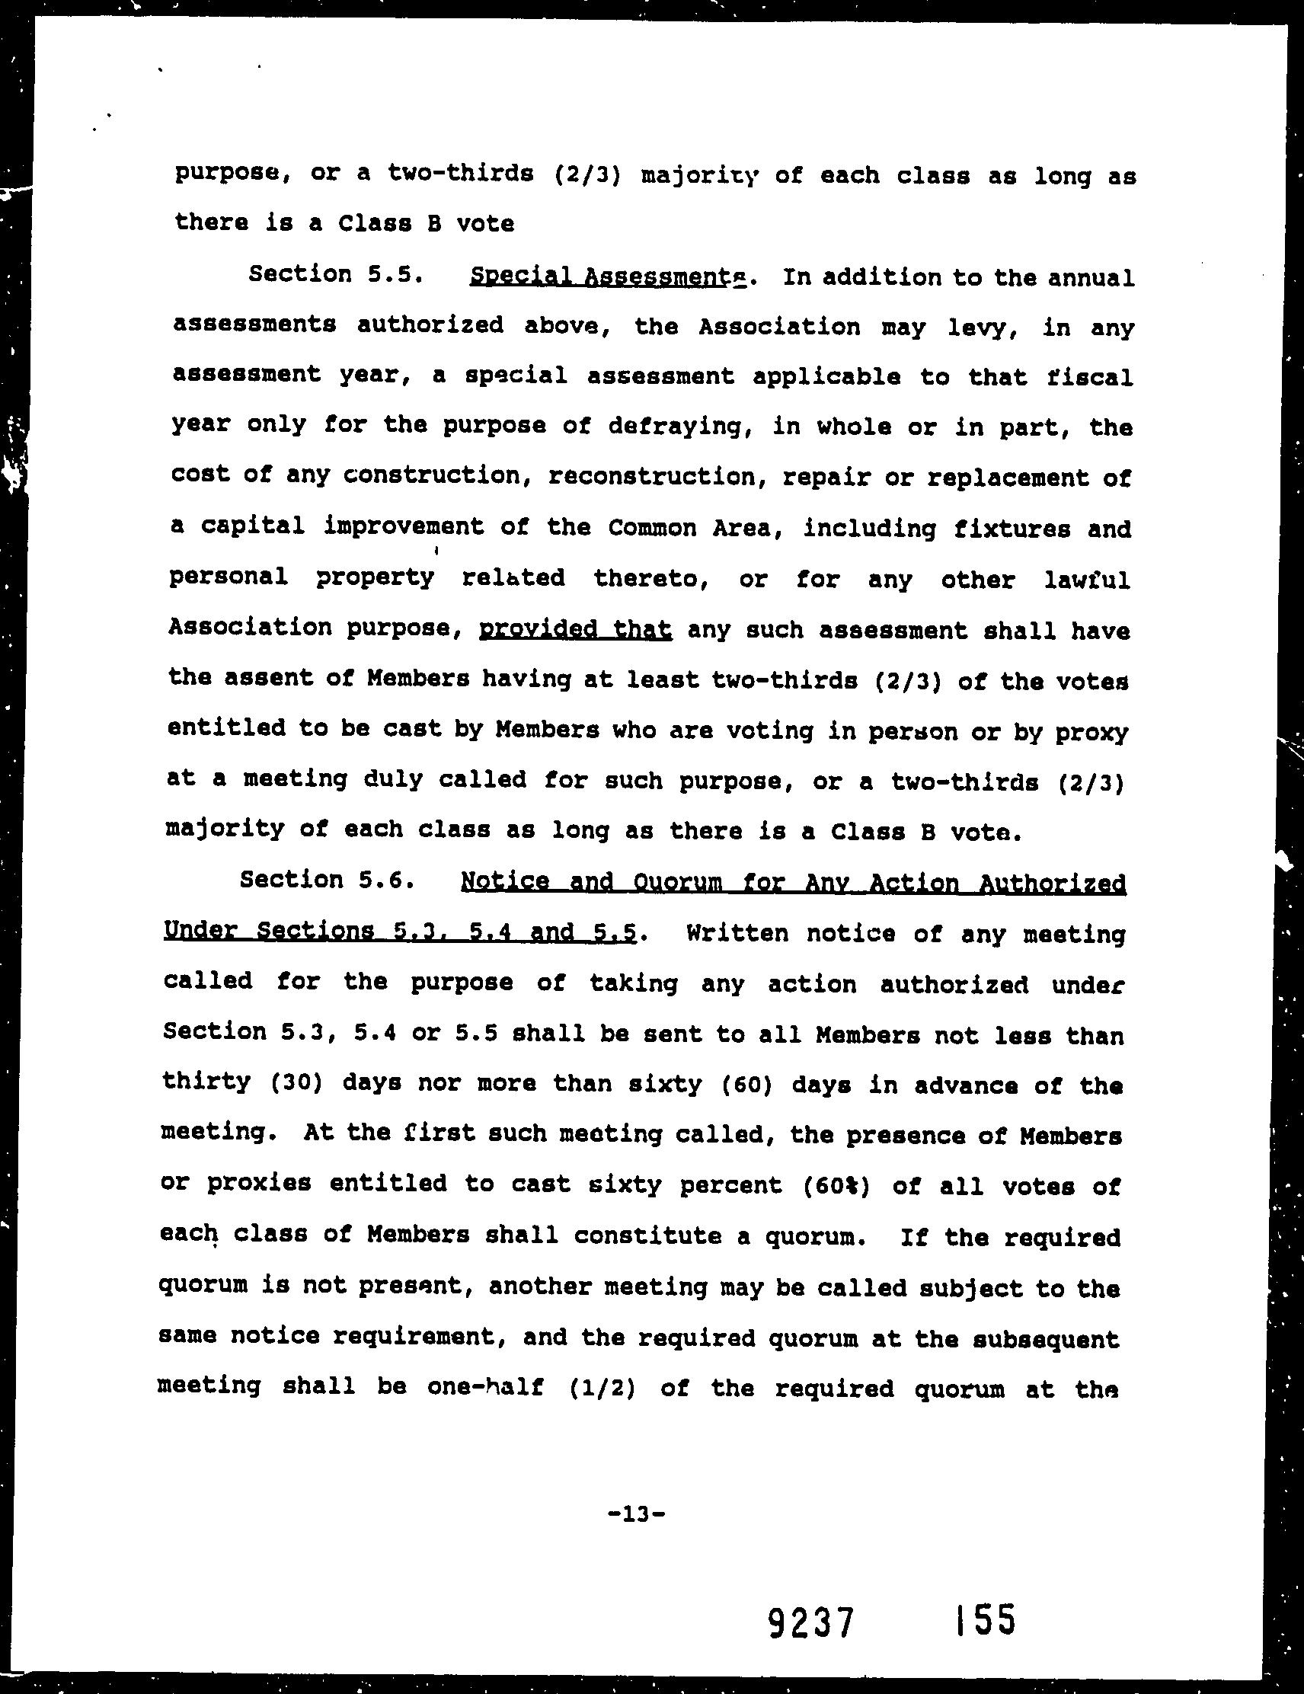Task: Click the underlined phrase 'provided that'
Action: pyautogui.click(x=576, y=628)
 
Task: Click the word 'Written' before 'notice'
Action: pyautogui.click(x=735, y=933)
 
